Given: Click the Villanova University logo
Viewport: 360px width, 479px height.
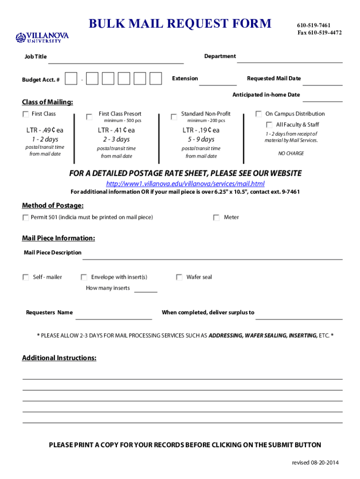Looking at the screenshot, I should click(x=42, y=37).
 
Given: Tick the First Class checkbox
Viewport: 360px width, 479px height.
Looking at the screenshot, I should click(x=25, y=114).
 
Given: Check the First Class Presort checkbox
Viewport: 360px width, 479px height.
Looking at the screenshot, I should click(x=89, y=117).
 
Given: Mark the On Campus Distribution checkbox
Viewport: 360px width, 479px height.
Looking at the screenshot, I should click(x=259, y=114).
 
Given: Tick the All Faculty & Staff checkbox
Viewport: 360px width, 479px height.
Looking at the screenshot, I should click(x=269, y=125).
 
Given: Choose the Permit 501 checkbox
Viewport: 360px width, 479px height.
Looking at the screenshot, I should click(x=25, y=218).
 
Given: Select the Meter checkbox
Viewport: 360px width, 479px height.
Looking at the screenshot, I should click(x=216, y=218).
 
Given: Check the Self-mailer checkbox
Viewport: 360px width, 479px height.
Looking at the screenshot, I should click(x=26, y=277).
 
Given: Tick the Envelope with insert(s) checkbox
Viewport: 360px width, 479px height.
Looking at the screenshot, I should click(x=84, y=277).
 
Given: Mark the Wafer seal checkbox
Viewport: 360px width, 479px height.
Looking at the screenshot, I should click(x=179, y=277).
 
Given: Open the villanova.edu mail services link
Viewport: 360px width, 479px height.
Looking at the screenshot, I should click(x=185, y=183).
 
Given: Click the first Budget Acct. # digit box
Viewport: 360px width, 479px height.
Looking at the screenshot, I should click(x=71, y=79).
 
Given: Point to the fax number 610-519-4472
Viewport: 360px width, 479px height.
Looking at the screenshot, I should click(x=319, y=33).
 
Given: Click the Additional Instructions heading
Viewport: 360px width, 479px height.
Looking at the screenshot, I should click(x=59, y=358).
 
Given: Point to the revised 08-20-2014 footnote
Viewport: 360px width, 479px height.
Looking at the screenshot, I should click(x=315, y=463).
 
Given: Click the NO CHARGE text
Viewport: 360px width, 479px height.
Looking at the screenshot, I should click(x=291, y=153).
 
